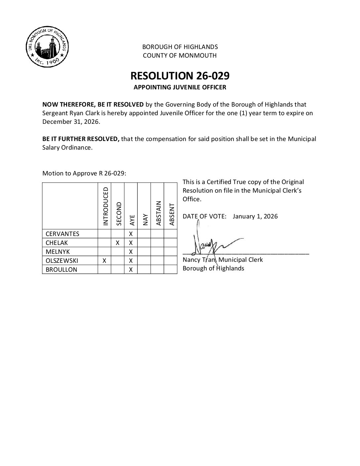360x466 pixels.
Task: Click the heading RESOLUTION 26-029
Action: (x=180, y=76)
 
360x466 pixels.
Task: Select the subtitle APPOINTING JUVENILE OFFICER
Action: (x=180, y=87)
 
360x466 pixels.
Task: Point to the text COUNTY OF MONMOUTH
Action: (x=180, y=56)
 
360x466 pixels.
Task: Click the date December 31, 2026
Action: (x=70, y=121)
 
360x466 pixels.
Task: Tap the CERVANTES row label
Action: (x=63, y=234)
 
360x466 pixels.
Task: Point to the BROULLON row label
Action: (x=61, y=269)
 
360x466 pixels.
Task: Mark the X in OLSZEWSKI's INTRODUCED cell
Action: (x=104, y=260)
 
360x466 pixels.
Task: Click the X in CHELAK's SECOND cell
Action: (x=117, y=243)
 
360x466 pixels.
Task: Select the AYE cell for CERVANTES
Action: (x=131, y=234)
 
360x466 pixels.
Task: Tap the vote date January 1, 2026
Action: (x=255, y=216)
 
